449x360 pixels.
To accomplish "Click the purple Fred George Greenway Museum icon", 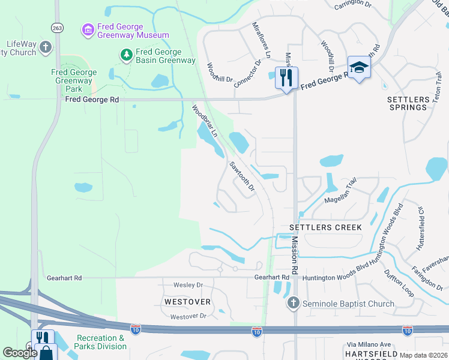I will pos(88,29).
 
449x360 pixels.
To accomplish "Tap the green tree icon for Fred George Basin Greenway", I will pos(126,56).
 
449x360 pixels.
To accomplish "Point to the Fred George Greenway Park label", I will pos(74,81).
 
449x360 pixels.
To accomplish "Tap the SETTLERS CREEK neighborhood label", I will pos(325,227).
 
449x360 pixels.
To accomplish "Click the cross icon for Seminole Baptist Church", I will pos(293,304).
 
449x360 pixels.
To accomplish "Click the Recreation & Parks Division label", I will pos(101,342).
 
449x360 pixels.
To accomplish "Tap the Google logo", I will pos(20,353).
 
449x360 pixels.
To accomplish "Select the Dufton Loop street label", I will pos(399,283).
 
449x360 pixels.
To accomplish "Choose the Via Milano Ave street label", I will pos(368,344).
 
